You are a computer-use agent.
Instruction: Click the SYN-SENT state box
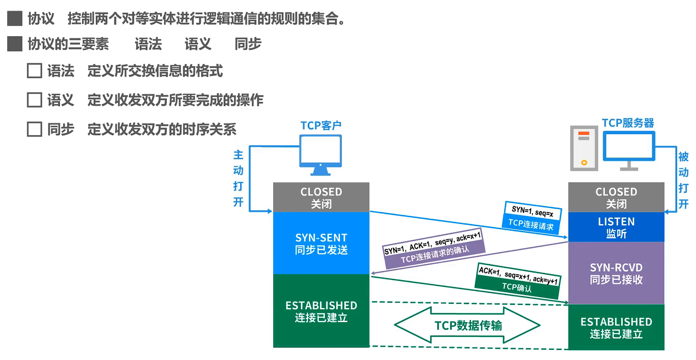tap(321, 243)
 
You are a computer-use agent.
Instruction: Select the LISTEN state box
tap(616, 227)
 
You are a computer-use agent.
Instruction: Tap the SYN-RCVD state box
tap(616, 273)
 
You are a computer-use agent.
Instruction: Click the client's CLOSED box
tap(321, 197)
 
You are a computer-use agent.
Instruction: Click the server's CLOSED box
tap(616, 197)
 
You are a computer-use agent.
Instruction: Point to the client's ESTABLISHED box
tap(321, 311)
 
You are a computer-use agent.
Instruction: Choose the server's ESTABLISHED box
tap(616, 327)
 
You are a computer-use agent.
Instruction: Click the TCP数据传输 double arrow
tap(467, 325)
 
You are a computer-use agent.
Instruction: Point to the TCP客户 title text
tap(321, 125)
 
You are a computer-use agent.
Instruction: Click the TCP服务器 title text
tap(628, 123)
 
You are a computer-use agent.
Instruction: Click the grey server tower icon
tap(584, 148)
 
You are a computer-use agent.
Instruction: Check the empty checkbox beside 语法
tap(34, 70)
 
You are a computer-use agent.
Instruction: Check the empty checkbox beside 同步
tap(34, 129)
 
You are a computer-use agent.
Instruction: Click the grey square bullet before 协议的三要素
tap(15, 44)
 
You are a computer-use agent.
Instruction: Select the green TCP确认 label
tap(517, 287)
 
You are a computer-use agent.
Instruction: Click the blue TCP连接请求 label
tap(531, 224)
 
